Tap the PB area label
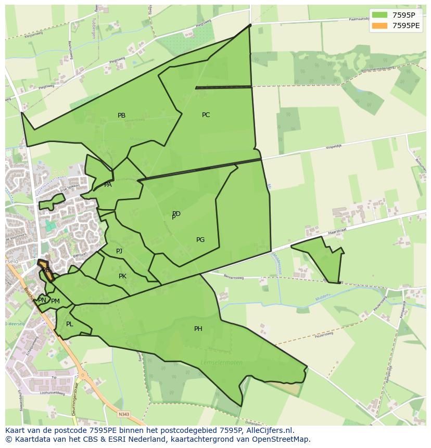click(121, 116)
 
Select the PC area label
click(206, 115)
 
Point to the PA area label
click(108, 185)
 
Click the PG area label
click(200, 240)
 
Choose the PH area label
click(198, 329)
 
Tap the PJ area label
click(119, 251)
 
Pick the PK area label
click(122, 276)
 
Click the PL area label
click(70, 324)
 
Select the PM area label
click(56, 301)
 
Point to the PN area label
click(42, 300)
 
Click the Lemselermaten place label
click(222, 363)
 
